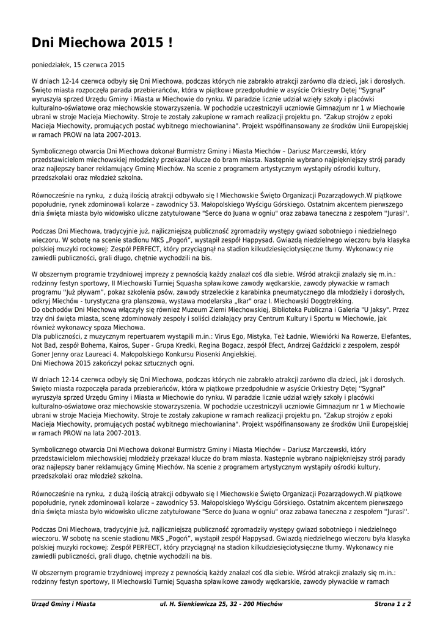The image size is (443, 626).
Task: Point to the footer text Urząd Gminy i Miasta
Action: (x=64, y=604)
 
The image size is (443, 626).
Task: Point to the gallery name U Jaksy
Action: (x=375, y=311)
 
